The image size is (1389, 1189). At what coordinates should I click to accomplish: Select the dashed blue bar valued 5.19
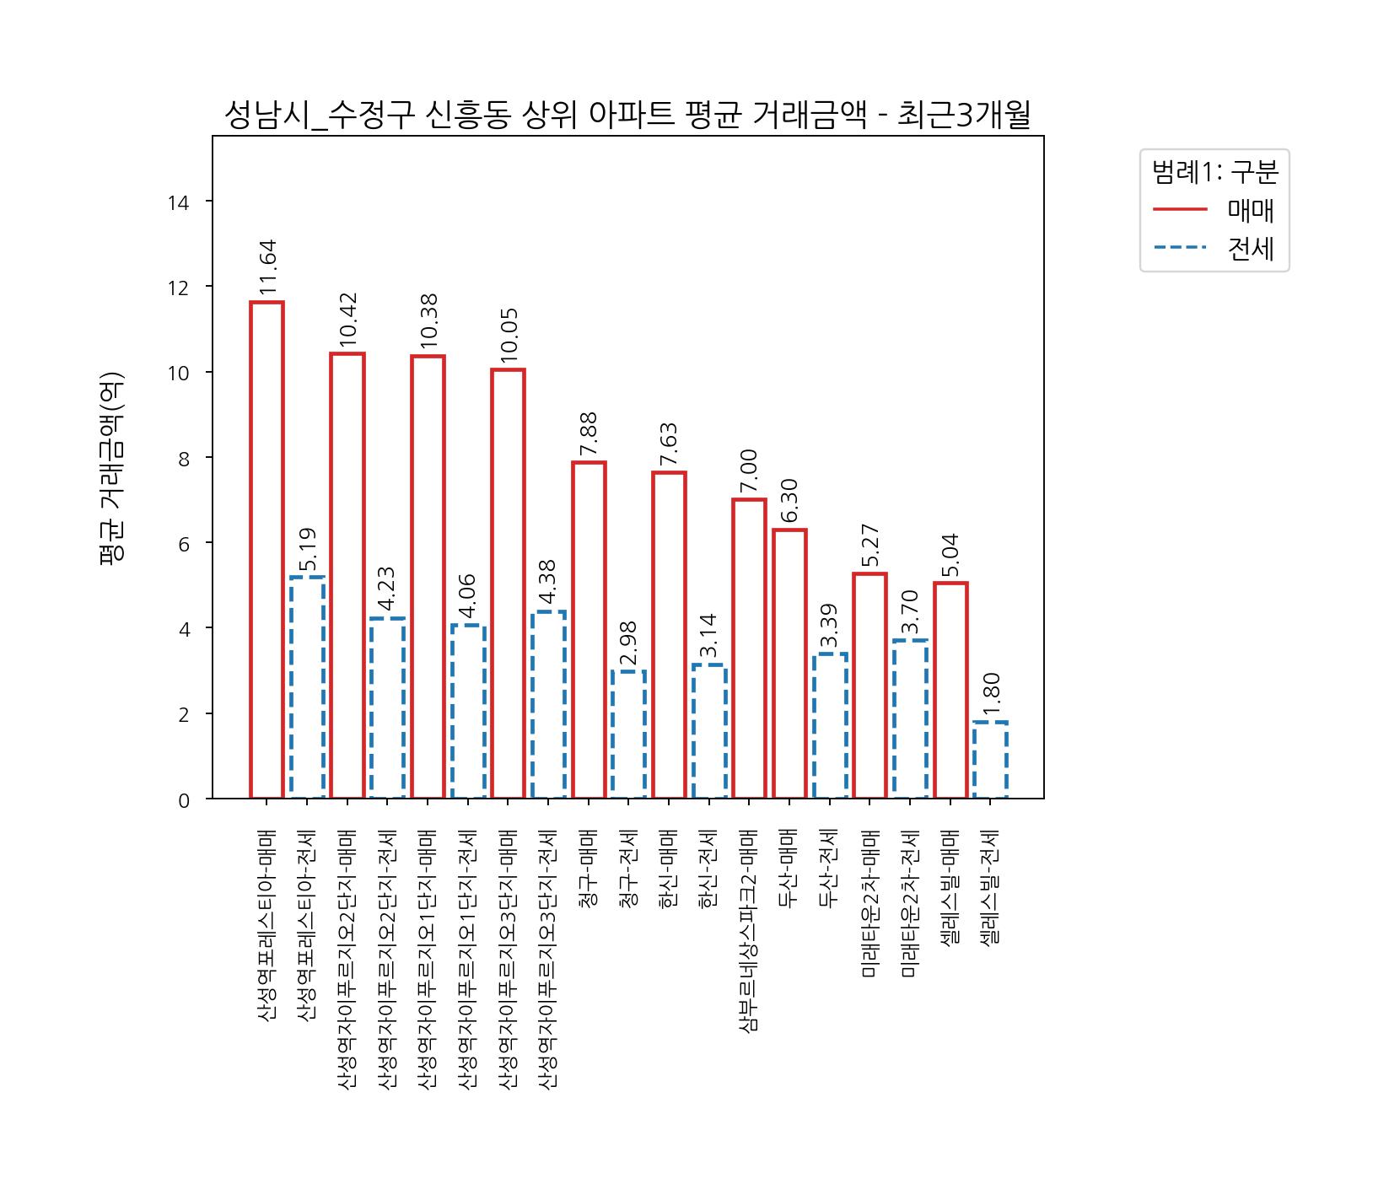[x=307, y=687]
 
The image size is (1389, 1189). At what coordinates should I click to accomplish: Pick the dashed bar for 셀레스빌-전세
[x=990, y=760]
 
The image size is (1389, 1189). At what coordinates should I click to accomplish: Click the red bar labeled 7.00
[x=749, y=648]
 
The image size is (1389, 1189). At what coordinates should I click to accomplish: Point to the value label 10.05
[x=509, y=336]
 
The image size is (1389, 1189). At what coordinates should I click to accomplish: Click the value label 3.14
[x=708, y=636]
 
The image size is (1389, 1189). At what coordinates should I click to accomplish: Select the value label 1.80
[x=991, y=694]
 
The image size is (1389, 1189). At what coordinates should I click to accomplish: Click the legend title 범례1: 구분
[x=1214, y=172]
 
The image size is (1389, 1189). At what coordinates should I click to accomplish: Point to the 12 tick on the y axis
[x=178, y=288]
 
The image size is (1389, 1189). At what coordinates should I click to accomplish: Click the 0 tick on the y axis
[x=184, y=800]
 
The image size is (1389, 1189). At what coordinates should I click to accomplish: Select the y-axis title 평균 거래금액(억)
[x=111, y=468]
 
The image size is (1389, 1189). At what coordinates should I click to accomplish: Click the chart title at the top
[x=627, y=116]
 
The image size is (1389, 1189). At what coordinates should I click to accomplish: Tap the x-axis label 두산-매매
[x=789, y=869]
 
